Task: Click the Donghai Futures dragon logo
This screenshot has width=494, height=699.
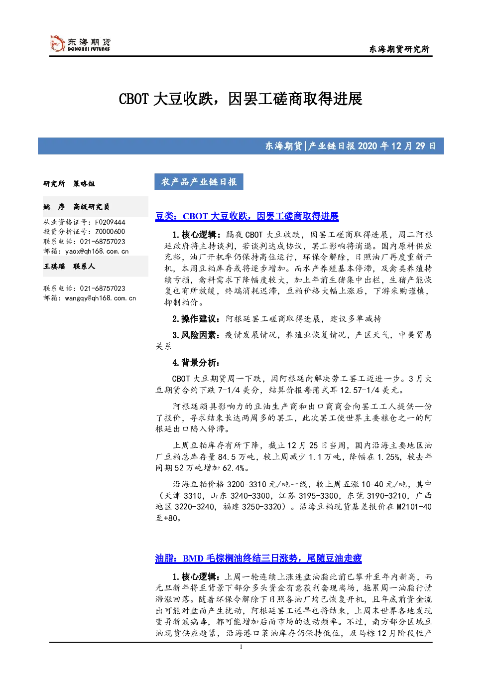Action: click(57, 43)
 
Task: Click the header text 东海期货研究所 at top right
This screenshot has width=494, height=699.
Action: click(399, 49)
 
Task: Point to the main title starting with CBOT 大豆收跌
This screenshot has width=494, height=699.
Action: click(241, 99)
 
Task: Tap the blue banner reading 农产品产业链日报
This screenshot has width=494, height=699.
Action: click(199, 182)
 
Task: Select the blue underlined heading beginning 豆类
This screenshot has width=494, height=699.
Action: click(247, 216)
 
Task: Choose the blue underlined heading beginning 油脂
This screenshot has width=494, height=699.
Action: click(258, 558)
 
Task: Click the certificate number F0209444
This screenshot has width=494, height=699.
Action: click(110, 222)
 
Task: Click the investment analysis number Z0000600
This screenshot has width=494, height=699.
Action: click(110, 232)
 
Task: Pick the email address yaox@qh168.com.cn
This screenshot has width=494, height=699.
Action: click(97, 251)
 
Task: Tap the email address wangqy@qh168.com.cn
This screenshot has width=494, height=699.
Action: click(101, 298)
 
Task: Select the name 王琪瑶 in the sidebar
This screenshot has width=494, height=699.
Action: click(54, 266)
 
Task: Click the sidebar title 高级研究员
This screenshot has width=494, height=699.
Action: click(91, 207)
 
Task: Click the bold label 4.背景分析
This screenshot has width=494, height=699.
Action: click(196, 363)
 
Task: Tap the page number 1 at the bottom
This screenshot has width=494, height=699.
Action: click(241, 647)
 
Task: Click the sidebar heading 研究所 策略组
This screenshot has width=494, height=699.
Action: click(69, 183)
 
